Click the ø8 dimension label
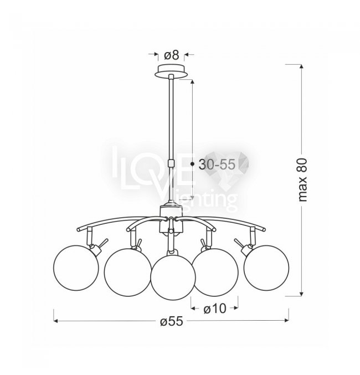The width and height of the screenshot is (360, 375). click(x=172, y=55)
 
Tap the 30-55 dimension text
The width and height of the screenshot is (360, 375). click(x=217, y=165)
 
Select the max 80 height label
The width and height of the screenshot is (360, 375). click(x=302, y=179)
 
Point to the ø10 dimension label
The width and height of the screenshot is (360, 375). click(x=214, y=309)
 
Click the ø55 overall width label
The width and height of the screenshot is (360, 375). click(x=172, y=321)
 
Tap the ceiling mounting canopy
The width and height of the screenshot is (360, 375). click(x=171, y=70)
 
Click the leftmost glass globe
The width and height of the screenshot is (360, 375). click(x=75, y=268)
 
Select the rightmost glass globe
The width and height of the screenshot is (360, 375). click(x=266, y=268)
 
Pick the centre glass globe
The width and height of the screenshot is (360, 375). click(x=173, y=278)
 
